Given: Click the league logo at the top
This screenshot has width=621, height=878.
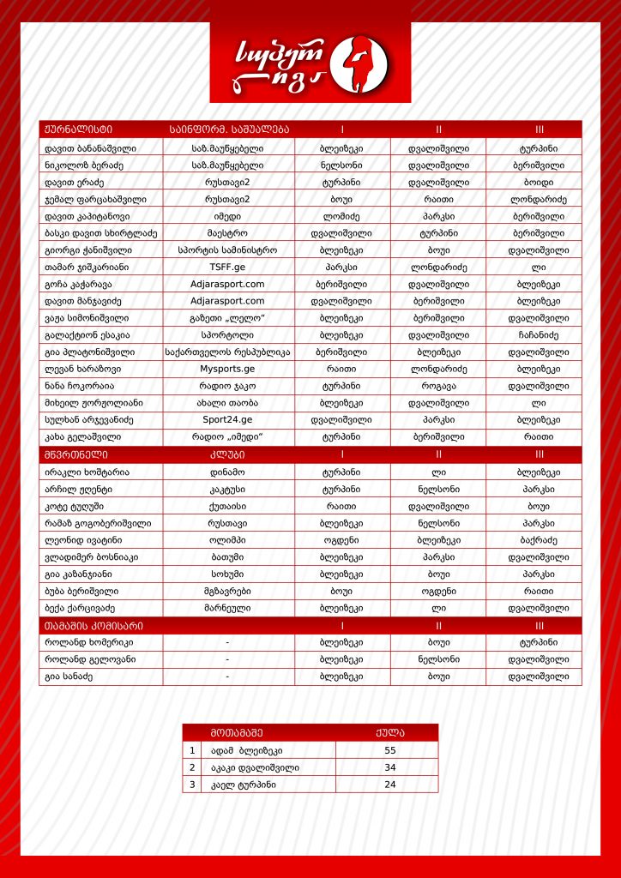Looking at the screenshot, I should [x=310, y=63].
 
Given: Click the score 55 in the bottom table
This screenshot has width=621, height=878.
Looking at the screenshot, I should [x=390, y=750].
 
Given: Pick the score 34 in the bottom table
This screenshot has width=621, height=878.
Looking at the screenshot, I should [x=390, y=767].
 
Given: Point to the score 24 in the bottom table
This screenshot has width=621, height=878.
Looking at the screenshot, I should [x=390, y=785].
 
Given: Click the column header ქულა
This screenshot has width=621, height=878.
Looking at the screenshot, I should [x=390, y=733].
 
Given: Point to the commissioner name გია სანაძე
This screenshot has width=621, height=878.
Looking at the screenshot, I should [x=69, y=677].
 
